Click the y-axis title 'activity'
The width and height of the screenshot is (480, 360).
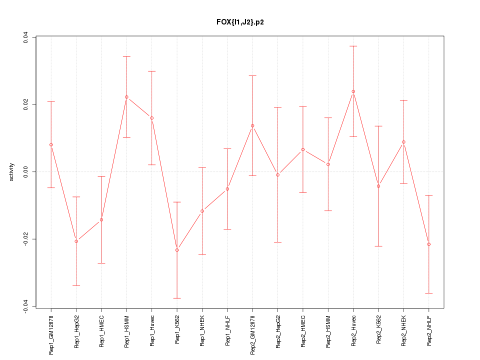click(x=11, y=172)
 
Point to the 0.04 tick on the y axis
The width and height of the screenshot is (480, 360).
click(x=25, y=37)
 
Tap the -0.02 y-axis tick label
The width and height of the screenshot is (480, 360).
click(x=25, y=239)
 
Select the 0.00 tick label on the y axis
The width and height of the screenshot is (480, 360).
click(x=25, y=172)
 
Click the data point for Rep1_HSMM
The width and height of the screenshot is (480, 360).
click(x=126, y=97)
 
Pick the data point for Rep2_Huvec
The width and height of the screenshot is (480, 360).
click(x=353, y=91)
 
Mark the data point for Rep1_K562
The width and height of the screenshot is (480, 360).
click(x=177, y=250)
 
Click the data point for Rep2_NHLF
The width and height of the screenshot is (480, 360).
click(x=429, y=244)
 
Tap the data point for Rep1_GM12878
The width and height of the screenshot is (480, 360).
click(x=51, y=144)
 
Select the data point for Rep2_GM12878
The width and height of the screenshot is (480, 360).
click(x=252, y=125)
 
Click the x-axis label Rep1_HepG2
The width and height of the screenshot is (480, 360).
click(x=76, y=331)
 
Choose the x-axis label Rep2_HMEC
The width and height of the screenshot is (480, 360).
click(x=303, y=331)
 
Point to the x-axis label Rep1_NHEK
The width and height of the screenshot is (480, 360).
click(x=202, y=331)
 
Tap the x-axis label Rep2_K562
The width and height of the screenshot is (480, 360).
click(x=378, y=331)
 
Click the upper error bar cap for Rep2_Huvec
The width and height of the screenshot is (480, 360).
click(x=353, y=46)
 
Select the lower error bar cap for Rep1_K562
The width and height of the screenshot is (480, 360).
click(x=177, y=298)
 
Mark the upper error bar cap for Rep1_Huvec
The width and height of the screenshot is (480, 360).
click(x=152, y=71)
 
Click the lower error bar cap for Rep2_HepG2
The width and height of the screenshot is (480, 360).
click(x=278, y=242)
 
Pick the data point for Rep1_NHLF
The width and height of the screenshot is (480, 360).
click(x=227, y=189)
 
